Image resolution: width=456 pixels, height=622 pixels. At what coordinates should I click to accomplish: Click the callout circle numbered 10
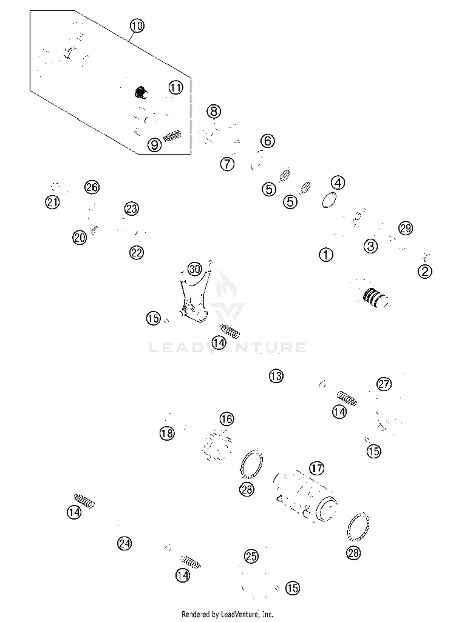coord(137,26)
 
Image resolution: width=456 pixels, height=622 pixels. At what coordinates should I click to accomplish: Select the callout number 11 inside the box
coord(176,88)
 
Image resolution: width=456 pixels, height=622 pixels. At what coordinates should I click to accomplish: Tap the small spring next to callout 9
coord(172,136)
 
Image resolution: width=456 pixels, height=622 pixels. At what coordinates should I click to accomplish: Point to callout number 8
coord(214,111)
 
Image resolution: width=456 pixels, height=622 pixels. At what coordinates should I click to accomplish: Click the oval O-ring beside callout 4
coord(329,200)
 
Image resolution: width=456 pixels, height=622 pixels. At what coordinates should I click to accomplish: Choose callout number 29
coord(406,228)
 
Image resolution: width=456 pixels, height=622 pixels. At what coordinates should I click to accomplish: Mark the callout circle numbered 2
coord(425,271)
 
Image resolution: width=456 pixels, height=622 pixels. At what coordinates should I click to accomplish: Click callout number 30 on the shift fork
coord(195,269)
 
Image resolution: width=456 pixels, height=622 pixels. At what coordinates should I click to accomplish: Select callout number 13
coord(276,376)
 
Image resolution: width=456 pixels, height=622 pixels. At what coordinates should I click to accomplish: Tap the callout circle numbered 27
coord(384,384)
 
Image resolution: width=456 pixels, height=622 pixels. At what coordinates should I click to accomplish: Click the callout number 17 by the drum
coord(317,468)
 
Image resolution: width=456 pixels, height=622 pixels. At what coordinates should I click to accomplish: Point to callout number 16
coord(227,419)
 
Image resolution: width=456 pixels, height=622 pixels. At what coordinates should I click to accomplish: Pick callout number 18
coord(167,433)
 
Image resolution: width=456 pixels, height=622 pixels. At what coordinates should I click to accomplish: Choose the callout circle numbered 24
coord(124,543)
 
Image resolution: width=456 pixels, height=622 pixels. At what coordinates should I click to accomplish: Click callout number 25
coord(251,556)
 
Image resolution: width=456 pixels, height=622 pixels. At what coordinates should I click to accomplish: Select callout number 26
coord(92,187)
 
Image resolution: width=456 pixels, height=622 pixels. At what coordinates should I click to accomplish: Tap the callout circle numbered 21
coord(52,202)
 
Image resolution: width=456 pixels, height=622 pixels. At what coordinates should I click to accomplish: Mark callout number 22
coord(136,253)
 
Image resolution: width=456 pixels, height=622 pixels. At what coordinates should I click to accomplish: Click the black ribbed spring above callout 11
coord(141,92)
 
